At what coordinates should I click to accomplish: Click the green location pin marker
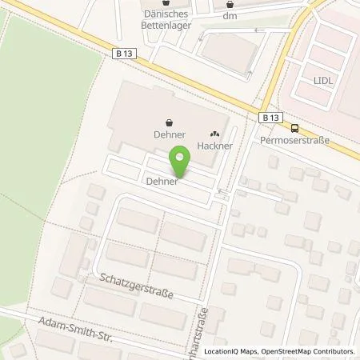click(x=182, y=160)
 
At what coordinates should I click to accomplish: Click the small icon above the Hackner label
click(x=214, y=134)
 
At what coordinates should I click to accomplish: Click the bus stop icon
click(x=294, y=127)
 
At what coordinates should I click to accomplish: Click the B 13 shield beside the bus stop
click(x=269, y=117)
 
